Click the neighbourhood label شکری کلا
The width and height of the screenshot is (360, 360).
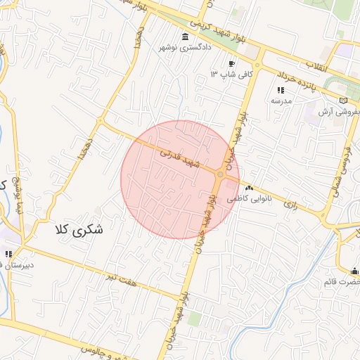click(77, 229)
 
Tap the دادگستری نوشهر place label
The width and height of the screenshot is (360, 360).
click(186, 49)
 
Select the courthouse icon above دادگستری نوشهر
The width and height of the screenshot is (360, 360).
click(185, 37)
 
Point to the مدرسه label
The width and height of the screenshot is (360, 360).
click(281, 101)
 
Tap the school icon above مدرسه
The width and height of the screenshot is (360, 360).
click(281, 90)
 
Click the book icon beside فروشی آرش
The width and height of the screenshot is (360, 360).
click(343, 100)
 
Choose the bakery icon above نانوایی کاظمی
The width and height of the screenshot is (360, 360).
click(249, 188)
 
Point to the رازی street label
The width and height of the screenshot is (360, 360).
click(290, 203)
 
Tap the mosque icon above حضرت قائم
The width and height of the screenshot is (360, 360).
click(355, 271)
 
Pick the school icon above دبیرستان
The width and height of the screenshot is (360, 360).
click(8, 255)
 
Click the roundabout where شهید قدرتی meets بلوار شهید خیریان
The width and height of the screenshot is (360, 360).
click(221, 174)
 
